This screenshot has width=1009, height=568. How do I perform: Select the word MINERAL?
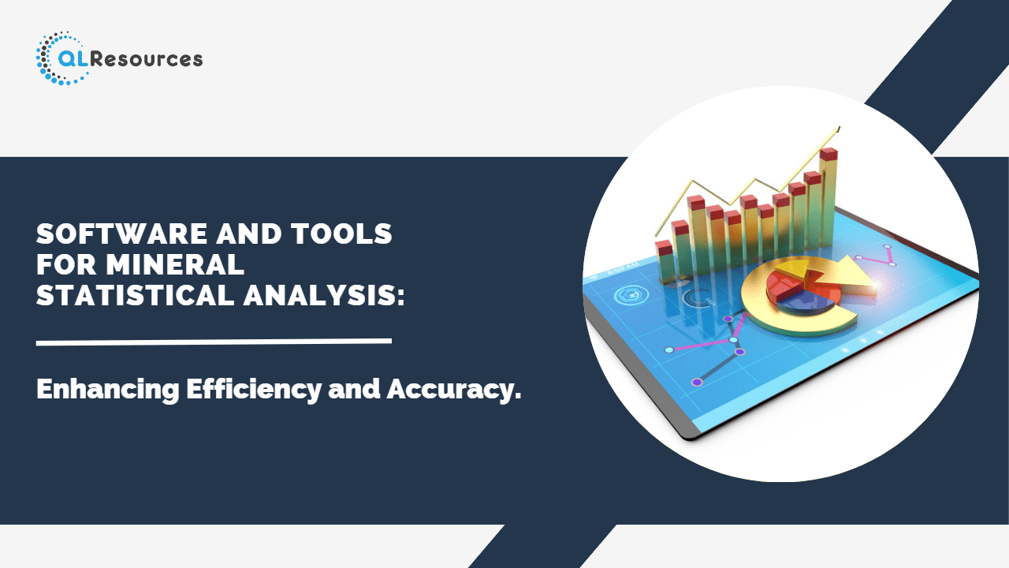point(175,264)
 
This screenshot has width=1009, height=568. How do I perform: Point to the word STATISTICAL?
point(135,295)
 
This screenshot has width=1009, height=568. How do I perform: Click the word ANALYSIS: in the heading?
point(324,295)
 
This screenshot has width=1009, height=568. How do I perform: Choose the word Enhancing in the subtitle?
point(108,390)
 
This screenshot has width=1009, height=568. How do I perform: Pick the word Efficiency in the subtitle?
point(254,390)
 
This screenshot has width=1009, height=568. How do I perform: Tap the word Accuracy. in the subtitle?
point(454,390)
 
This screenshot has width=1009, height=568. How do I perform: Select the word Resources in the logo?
point(147,59)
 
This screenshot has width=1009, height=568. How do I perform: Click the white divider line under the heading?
point(214,342)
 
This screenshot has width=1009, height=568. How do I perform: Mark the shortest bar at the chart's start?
point(665,261)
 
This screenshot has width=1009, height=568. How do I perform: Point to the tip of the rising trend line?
point(839,128)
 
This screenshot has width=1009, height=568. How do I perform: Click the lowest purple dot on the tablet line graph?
point(697,383)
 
